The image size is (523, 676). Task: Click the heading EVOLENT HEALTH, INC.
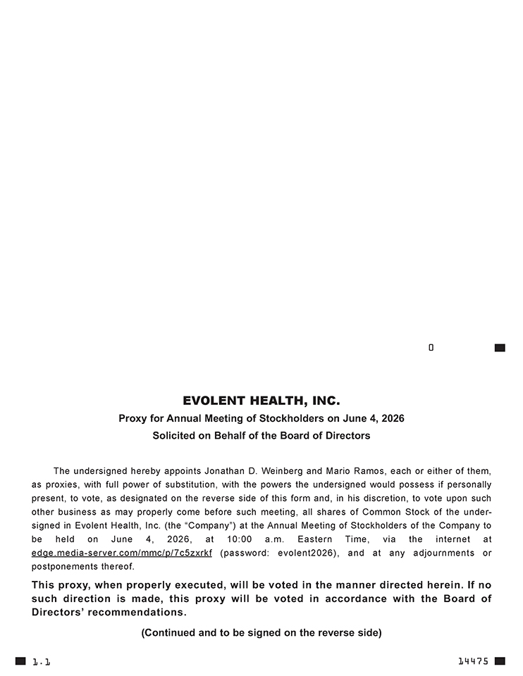(x=261, y=401)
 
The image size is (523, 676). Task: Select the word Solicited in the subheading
(x=175, y=436)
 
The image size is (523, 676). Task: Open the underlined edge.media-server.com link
(x=122, y=553)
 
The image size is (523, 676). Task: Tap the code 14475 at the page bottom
(x=473, y=661)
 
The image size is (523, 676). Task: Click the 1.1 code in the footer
(x=42, y=661)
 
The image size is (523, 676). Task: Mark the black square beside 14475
(x=500, y=661)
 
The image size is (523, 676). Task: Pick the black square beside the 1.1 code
(x=20, y=661)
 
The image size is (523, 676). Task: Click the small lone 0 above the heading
(x=431, y=348)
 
